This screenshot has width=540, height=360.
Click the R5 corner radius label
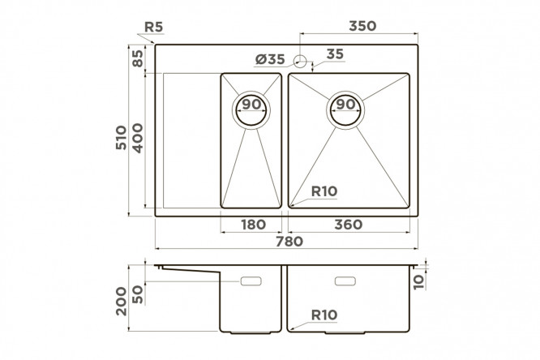153,27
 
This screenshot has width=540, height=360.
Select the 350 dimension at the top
362,26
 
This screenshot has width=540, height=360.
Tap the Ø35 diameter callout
270,59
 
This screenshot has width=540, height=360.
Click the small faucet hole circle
300,61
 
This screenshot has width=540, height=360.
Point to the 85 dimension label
137,58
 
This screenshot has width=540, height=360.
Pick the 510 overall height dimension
121,138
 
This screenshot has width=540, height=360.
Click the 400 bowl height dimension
137,138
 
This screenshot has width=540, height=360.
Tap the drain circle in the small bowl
251,110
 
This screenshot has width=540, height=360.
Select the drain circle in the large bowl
345,110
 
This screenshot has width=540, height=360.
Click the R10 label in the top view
324,191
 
